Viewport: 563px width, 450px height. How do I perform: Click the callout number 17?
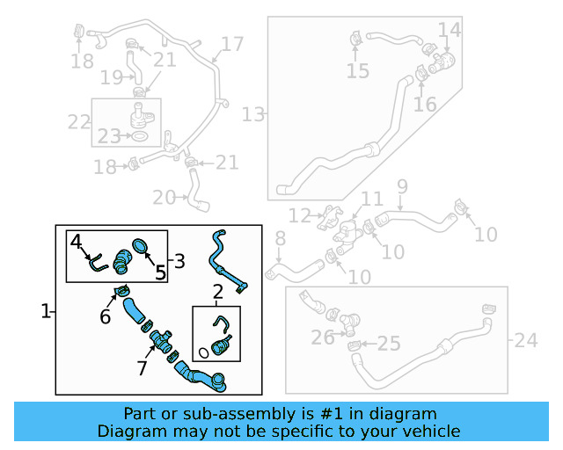tap(231, 45)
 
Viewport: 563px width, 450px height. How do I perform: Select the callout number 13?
tap(253, 114)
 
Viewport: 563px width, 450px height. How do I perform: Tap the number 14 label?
tap(449, 31)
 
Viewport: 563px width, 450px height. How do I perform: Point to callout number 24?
tap(525, 339)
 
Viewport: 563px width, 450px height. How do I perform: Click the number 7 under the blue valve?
tap(143, 368)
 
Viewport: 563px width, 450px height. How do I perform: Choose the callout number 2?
tap(217, 291)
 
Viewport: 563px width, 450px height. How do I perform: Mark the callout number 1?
tap(46, 311)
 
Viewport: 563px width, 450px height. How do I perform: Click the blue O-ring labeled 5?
tap(142, 245)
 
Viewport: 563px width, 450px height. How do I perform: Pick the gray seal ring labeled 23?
tap(139, 135)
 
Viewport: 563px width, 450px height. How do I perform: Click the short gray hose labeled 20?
tap(195, 192)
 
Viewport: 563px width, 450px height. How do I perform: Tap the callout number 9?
tap(402, 186)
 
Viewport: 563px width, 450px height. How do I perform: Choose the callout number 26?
tap(323, 337)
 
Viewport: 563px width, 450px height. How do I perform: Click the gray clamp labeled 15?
tap(356, 40)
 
